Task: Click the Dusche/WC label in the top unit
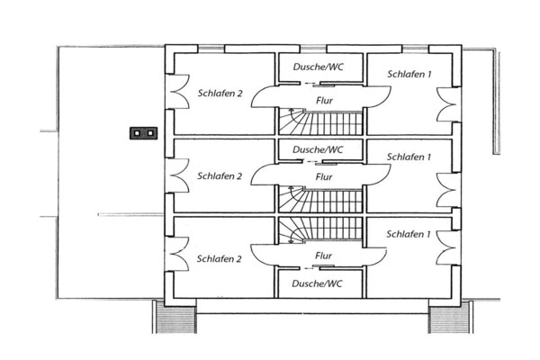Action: pos(319,67)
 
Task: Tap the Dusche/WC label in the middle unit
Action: pos(318,150)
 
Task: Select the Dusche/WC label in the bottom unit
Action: pos(317,283)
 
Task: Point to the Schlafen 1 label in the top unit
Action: pos(409,74)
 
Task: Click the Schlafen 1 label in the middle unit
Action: pos(409,157)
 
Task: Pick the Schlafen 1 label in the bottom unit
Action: pos(409,234)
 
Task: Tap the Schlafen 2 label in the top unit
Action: pos(220,94)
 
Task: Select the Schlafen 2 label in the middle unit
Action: pos(220,176)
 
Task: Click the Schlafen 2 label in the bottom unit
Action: pos(220,259)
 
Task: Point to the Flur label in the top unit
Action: pos(324,101)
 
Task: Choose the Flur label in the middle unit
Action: pos(324,177)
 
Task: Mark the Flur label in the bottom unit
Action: pos(323,256)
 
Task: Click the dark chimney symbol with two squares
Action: pos(144,133)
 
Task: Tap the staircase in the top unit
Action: pos(320,121)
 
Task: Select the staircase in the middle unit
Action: pos(320,199)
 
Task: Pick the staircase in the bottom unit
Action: pos(320,230)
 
